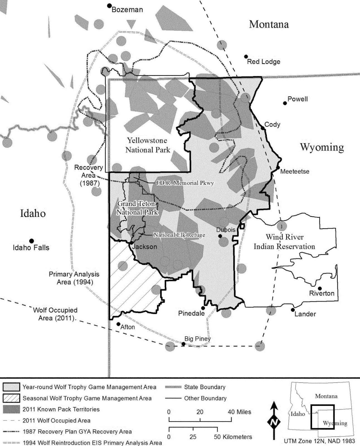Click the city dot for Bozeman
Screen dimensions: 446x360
[110, 6]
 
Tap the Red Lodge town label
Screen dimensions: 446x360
[264, 62]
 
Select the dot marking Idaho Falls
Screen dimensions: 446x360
[31, 241]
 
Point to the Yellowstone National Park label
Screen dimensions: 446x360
[148, 145]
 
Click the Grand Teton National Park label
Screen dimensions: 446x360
[137, 208]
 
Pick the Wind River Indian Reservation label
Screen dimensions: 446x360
[284, 242]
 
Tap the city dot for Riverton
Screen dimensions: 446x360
[320, 289]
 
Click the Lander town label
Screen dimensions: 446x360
[305, 314]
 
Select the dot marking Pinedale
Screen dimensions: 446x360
[203, 308]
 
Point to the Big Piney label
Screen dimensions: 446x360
[197, 339]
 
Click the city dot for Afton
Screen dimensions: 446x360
[118, 324]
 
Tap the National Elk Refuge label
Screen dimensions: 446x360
[179, 235]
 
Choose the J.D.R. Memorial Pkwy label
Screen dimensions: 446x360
[185, 183]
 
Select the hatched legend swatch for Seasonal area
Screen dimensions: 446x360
[11, 398]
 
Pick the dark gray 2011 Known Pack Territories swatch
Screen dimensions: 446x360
[11, 409]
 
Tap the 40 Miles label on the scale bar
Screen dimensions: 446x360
[239, 412]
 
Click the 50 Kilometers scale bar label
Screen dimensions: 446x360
[233, 437]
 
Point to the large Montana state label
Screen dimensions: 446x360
[269, 24]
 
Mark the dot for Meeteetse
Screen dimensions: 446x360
[278, 168]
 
